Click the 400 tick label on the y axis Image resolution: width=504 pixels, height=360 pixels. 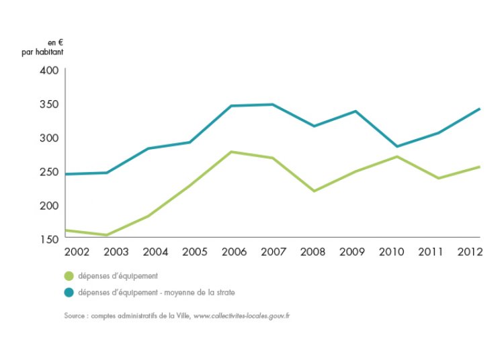coord(51,71)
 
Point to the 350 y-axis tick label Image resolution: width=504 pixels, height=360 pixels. coord(51,104)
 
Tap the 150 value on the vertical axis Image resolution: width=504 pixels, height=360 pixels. coord(51,239)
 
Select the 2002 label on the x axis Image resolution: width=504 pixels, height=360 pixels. coord(77,252)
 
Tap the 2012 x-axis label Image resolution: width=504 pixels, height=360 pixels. coord(469,252)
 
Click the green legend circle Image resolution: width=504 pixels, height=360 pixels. coord(69,276)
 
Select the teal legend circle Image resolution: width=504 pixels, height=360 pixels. coord(69,292)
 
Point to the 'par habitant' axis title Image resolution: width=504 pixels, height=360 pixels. coord(42,52)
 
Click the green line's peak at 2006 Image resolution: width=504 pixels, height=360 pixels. coord(231,152)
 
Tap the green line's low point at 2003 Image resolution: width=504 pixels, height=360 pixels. coord(106,235)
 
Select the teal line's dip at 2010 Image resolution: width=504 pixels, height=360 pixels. coord(396,146)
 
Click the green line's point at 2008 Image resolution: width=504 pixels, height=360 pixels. coord(314,191)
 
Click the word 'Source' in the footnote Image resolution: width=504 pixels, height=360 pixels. coord(75,315)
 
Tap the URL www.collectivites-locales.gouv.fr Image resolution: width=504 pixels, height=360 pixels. coord(241,315)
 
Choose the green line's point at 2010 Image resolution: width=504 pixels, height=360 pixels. coord(396,156)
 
